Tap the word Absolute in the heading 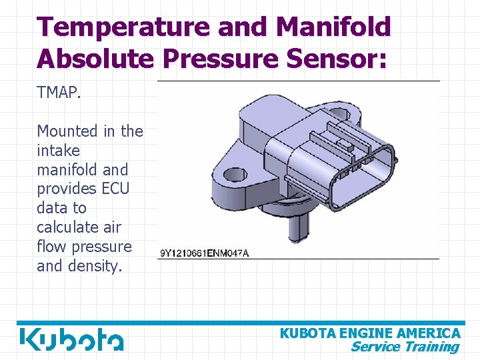tap(95, 59)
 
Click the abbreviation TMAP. tap(59, 93)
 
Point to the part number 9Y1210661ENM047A tap(204, 253)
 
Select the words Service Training tap(405, 347)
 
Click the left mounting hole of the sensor tap(234, 175)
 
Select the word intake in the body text tap(58, 151)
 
